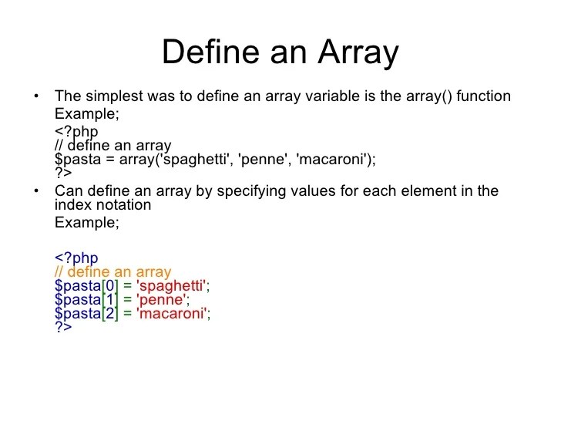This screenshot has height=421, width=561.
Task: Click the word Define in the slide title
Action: (208, 53)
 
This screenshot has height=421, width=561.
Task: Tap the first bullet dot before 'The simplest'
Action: (35, 97)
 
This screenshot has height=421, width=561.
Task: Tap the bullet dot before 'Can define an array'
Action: (35, 191)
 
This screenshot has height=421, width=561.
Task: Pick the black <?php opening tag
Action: (76, 132)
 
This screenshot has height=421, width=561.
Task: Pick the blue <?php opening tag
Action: (76, 258)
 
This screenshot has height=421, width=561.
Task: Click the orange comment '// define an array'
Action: (113, 272)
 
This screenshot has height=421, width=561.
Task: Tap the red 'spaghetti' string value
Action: (172, 286)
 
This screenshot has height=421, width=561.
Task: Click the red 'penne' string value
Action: (163, 300)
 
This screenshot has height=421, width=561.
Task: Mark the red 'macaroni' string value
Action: (172, 314)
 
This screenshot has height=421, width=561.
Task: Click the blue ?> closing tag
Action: (63, 327)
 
